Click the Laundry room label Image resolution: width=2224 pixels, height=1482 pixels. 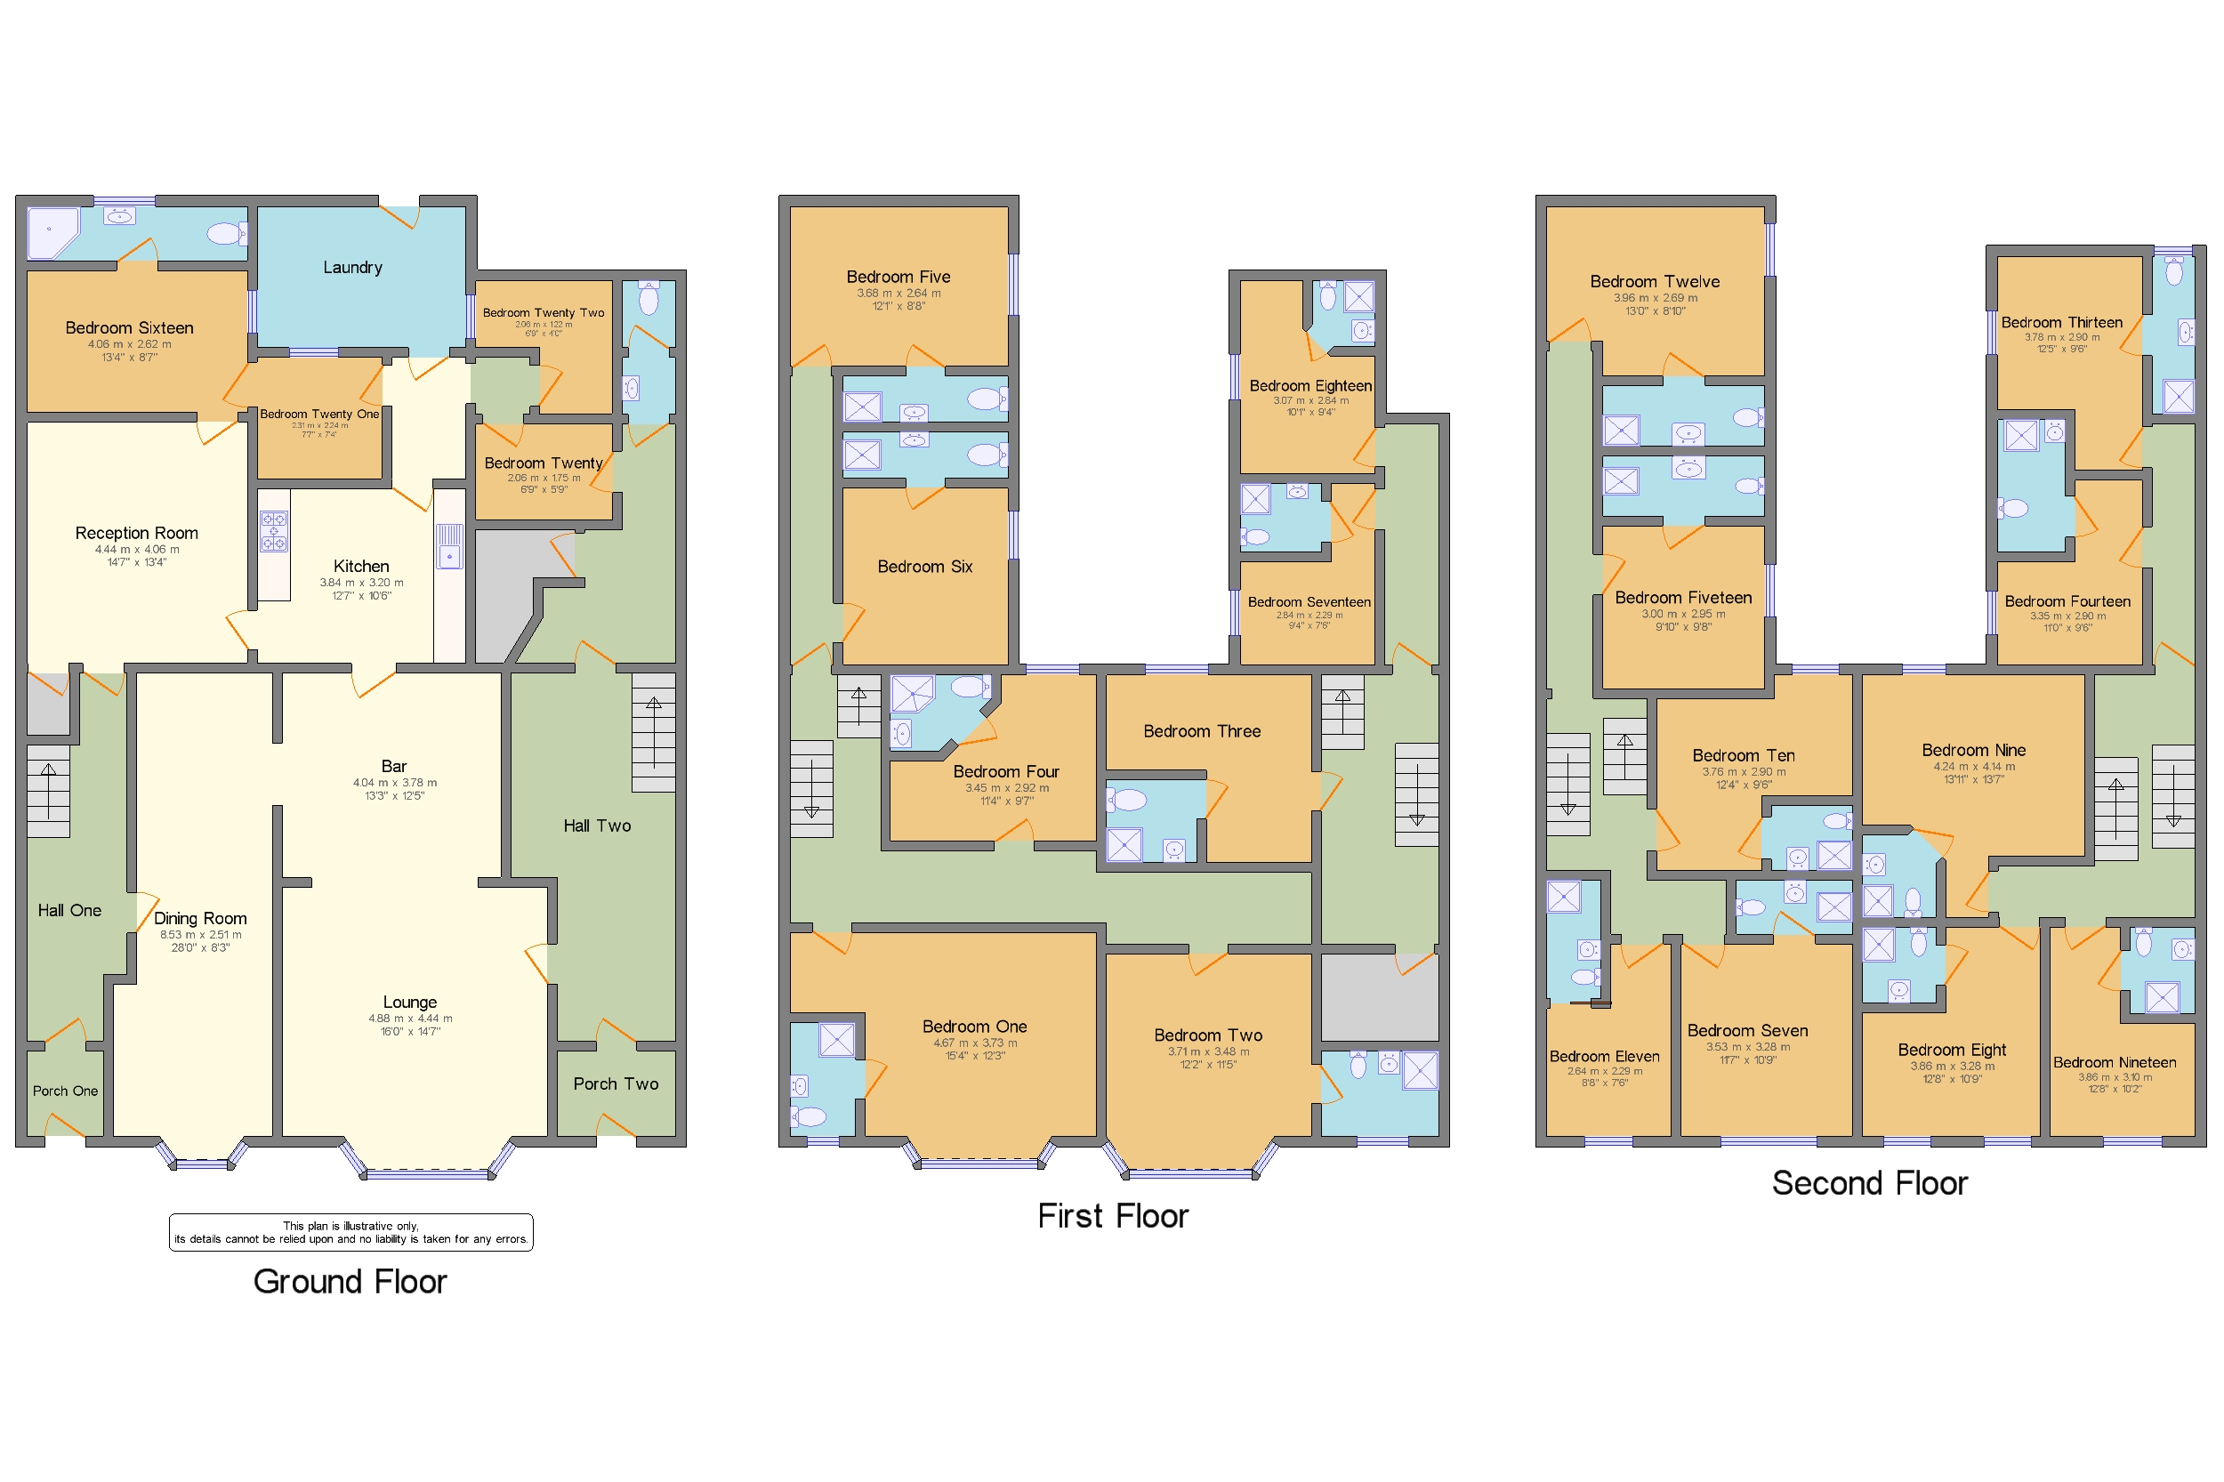coord(352,268)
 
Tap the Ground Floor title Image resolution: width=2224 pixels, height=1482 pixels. coord(350,1282)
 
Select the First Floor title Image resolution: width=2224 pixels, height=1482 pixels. coord(1113,1215)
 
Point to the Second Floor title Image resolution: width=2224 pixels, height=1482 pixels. coord(1869,1183)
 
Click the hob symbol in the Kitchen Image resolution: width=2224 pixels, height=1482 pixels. coord(274,531)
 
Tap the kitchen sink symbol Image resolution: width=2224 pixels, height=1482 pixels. coord(449,546)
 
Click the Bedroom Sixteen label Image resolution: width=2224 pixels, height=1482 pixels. coord(130,328)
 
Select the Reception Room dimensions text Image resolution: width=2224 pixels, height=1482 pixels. coord(136,556)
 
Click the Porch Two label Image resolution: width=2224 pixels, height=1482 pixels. coord(616,1084)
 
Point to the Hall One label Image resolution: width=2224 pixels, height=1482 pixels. coord(69,910)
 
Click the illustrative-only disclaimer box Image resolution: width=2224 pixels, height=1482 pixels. coord(351,1233)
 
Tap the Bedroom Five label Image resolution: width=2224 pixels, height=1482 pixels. coord(898,277)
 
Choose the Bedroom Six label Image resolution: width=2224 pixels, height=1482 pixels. coord(924,568)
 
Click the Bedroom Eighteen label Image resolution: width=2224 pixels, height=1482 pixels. coord(1310,386)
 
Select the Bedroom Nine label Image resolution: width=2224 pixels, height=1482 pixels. coord(1973,751)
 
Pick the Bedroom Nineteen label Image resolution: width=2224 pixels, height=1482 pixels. coord(2115,1062)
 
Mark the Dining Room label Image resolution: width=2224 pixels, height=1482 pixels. coord(200,919)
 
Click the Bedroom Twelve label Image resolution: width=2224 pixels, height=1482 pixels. coord(1654,282)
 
